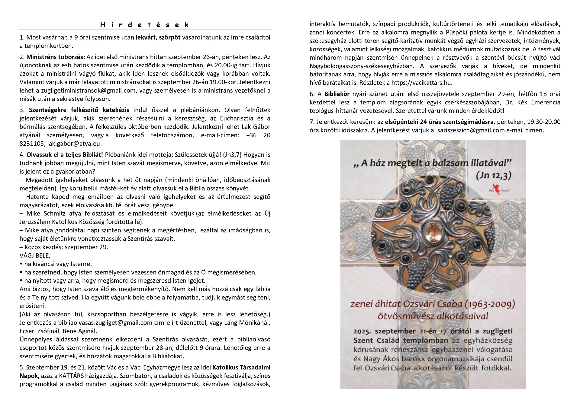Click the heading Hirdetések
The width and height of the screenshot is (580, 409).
pos(145,25)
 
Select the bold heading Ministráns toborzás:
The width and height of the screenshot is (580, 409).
pos(56,57)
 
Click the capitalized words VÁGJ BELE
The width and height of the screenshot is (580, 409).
pos(35,255)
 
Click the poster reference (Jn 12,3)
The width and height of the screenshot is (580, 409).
pos(493,176)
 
